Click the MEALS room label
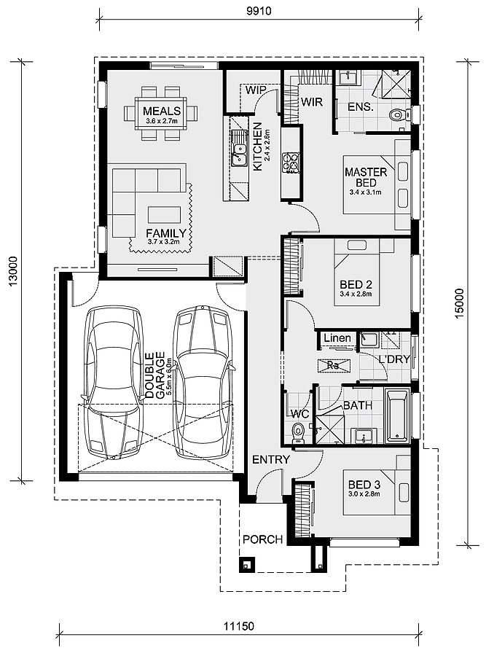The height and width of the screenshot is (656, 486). click(162, 111)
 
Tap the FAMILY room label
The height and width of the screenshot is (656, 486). click(166, 233)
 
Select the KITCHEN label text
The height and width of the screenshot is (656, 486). click(258, 146)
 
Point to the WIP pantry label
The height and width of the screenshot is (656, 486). click(256, 90)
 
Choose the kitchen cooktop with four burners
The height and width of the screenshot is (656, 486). click(291, 163)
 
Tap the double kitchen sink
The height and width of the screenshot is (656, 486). click(240, 154)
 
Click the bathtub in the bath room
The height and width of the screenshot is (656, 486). click(396, 415)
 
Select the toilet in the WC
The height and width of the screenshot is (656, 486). click(298, 432)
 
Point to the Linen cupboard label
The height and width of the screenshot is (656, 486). click(337, 337)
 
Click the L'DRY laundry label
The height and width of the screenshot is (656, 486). click(394, 359)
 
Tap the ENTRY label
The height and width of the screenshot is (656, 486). click(271, 459)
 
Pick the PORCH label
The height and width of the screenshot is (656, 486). click(262, 539)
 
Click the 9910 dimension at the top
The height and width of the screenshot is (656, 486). click(259, 11)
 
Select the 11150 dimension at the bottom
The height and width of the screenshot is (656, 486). click(238, 626)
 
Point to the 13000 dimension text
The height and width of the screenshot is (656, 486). click(13, 271)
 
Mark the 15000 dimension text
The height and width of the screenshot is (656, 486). click(459, 303)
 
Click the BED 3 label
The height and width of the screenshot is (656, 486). click(364, 485)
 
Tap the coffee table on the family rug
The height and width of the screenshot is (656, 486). click(165, 214)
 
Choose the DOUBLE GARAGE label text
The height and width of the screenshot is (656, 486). click(154, 375)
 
